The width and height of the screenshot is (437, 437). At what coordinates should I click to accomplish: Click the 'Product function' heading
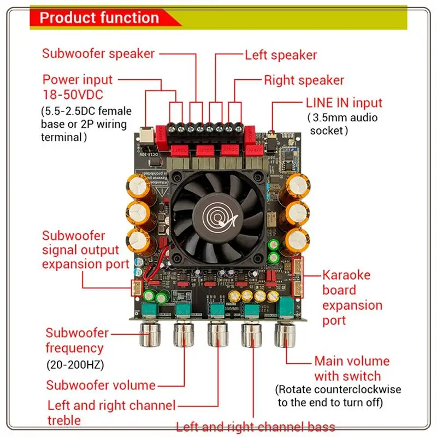[99, 17]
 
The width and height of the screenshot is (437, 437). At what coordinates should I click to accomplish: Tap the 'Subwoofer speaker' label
[98, 54]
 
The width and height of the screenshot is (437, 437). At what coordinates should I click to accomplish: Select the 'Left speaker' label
[281, 55]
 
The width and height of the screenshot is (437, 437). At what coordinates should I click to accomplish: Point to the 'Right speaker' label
[304, 80]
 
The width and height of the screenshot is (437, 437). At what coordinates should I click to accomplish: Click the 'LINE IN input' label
[344, 103]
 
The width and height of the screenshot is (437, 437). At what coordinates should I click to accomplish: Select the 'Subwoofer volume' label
[101, 385]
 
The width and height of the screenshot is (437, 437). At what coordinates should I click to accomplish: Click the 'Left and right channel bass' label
[256, 427]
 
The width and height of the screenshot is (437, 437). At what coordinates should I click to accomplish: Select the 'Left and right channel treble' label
[111, 412]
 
